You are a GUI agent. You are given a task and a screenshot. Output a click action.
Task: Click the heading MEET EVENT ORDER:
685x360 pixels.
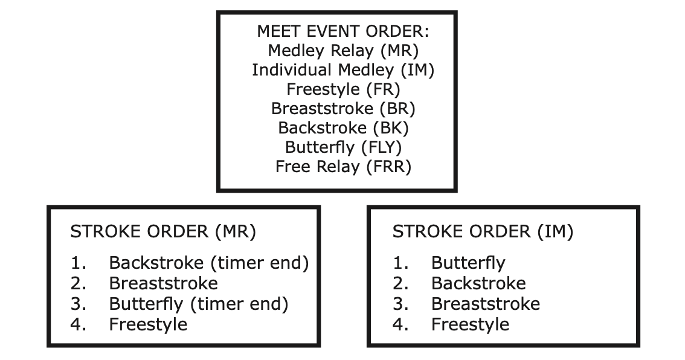point(343,31)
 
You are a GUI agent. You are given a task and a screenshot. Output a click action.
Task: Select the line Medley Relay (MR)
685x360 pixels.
point(343,50)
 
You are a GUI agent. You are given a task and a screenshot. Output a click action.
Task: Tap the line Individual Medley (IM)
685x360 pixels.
point(343,70)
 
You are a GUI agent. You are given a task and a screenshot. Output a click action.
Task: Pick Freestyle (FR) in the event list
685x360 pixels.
point(343,89)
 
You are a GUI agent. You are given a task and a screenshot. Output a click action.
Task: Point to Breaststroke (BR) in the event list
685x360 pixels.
point(343,109)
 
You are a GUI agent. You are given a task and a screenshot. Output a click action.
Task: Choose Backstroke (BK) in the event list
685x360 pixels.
point(343,128)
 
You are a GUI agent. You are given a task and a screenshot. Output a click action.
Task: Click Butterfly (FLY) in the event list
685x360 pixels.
point(343,147)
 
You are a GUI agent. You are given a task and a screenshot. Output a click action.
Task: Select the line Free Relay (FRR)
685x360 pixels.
point(343,167)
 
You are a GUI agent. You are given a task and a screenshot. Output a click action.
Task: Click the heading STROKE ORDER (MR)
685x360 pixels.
point(163,232)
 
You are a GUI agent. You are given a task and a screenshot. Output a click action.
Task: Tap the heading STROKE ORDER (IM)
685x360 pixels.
point(483,232)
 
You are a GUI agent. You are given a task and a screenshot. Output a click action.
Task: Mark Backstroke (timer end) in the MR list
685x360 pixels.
point(208,263)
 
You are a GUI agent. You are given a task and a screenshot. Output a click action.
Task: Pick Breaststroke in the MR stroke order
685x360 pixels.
point(163,283)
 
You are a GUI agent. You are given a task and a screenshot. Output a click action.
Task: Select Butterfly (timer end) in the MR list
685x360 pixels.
point(198,304)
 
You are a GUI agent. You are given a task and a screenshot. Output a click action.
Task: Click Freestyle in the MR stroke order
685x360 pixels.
point(148,324)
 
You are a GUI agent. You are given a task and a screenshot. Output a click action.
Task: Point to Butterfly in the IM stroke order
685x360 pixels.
point(468,263)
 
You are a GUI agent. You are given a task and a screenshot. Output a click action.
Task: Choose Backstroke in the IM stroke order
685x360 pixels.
point(478,283)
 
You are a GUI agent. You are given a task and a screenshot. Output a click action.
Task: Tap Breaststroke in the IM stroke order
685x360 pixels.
point(485,304)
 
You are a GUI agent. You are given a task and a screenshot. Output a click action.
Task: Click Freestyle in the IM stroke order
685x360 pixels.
point(470,324)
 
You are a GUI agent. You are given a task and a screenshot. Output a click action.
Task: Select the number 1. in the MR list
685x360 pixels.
point(78,263)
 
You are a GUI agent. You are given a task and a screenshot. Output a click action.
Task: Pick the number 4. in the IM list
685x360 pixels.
point(400,324)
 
